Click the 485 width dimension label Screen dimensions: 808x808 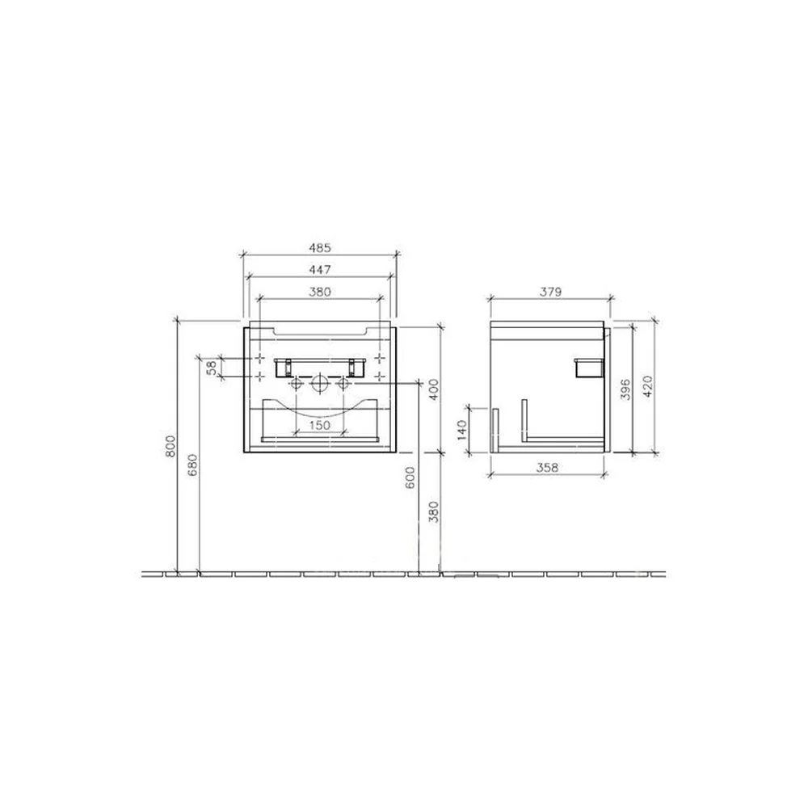pos(319,248)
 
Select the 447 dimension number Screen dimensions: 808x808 pos(319,270)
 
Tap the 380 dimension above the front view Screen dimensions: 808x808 pos(319,292)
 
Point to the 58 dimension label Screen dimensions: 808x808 pos(211,368)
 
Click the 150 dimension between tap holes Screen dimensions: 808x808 pos(319,425)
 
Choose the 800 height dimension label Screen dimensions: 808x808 pos(170,446)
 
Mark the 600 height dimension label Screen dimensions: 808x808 pos(410,478)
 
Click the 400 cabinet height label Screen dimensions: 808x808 pos(434,390)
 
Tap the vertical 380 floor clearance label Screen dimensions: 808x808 pos(434,512)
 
